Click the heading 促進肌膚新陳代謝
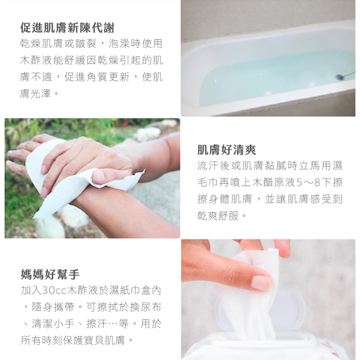click(x=67, y=28)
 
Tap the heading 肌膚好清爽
click(x=226, y=150)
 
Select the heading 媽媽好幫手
click(x=50, y=274)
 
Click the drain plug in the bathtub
click(x=339, y=77)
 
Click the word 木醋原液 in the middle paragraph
click(x=274, y=183)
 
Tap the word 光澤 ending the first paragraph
click(x=40, y=93)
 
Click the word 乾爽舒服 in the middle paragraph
click(x=218, y=216)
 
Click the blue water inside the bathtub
click(x=271, y=78)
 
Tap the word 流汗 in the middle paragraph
click(x=208, y=166)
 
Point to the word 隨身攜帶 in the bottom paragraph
click(x=53, y=307)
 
